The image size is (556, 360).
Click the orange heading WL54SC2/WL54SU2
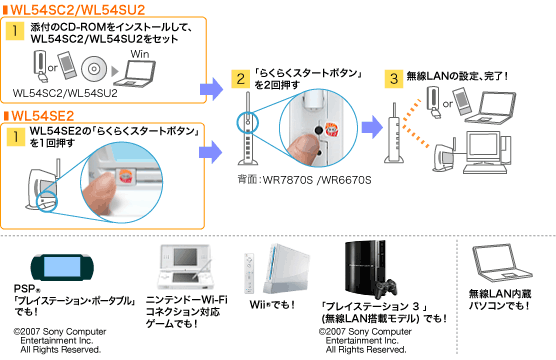click(78, 10)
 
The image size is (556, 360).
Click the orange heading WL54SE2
click(43, 116)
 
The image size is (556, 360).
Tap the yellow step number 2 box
click(240, 79)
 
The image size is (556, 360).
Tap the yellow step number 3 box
click(394, 79)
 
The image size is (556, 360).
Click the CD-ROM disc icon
click(94, 68)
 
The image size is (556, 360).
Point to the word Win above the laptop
click(140, 54)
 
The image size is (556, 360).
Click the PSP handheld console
click(62, 267)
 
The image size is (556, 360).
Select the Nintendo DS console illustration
click(185, 267)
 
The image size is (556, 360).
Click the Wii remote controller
click(249, 273)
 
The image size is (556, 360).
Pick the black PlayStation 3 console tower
click(365, 269)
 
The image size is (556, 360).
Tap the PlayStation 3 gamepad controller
click(387, 289)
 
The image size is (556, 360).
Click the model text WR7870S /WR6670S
click(317, 180)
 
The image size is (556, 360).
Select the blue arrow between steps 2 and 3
click(372, 127)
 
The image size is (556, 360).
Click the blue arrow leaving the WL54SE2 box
click(211, 152)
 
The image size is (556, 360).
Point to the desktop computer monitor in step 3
click(483, 147)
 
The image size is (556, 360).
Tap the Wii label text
click(272, 305)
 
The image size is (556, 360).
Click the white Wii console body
click(287, 268)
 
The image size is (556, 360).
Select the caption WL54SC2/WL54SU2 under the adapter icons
click(65, 93)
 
